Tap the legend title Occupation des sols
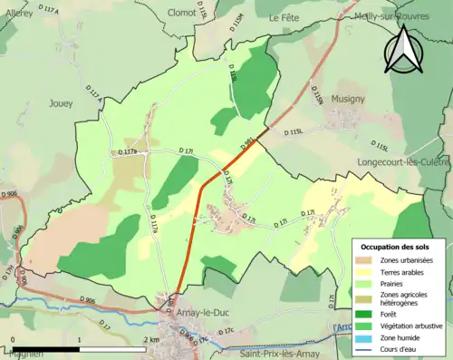click(x=397, y=247)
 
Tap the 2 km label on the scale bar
click(x=152, y=339)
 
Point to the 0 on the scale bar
click(x=13, y=339)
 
